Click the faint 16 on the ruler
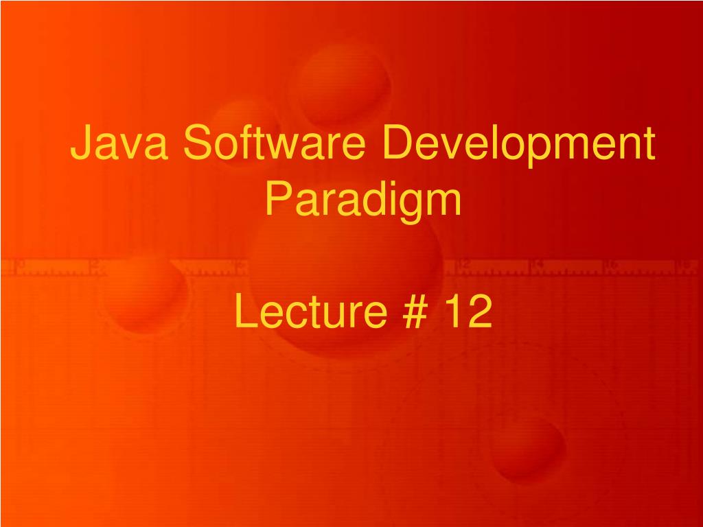pyautogui.click(x=612, y=264)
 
